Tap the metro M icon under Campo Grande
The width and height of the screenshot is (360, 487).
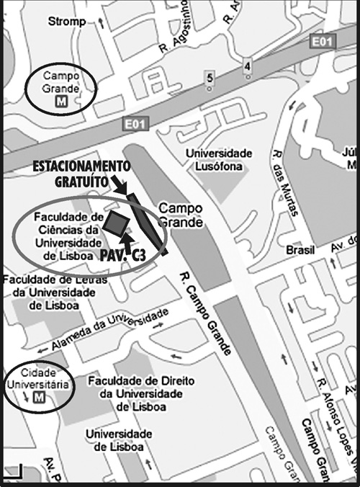[x=60, y=102]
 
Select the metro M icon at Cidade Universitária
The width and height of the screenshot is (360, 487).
[x=39, y=398]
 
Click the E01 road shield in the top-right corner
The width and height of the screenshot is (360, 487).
[x=322, y=43]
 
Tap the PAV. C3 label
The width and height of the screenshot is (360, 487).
[x=124, y=254]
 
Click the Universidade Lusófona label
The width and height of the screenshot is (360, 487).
[x=219, y=160]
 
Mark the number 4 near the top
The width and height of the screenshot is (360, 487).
[x=248, y=67]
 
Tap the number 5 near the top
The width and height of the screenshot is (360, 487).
[x=210, y=78]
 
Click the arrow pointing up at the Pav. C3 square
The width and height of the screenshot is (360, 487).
[x=127, y=237]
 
